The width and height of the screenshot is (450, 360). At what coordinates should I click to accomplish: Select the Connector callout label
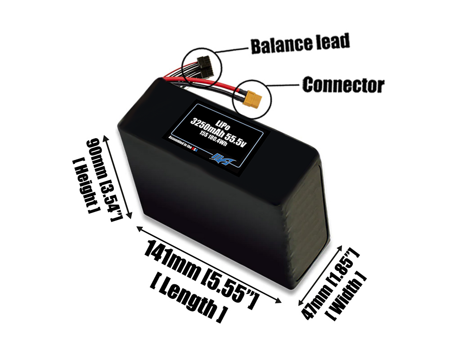tap(343, 85)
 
